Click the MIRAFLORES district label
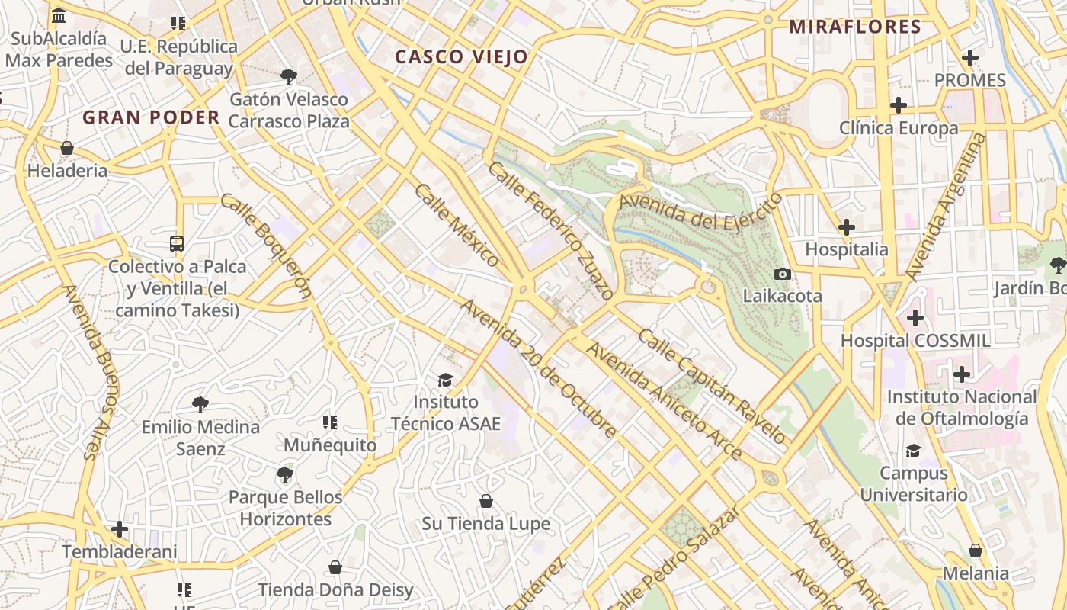(x=855, y=27)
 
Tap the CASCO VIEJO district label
(x=462, y=57)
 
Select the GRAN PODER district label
(x=151, y=117)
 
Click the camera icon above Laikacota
(x=782, y=274)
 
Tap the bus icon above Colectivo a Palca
(x=177, y=244)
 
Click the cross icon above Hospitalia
(x=846, y=227)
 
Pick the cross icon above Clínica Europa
(x=899, y=105)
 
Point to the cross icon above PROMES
(x=969, y=58)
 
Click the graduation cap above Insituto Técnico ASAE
(x=445, y=380)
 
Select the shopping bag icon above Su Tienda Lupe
(x=486, y=501)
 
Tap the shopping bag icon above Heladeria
(x=67, y=148)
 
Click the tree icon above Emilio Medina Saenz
(x=200, y=404)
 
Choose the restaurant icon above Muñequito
(x=330, y=422)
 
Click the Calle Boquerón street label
(x=267, y=245)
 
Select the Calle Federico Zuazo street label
(x=551, y=230)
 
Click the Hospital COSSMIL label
(x=915, y=341)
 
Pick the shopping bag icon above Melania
(x=976, y=551)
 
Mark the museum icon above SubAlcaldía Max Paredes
(x=59, y=16)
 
